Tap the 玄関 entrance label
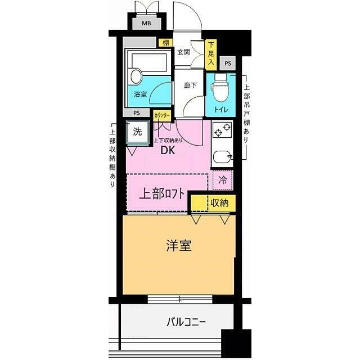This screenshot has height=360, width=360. [183, 52]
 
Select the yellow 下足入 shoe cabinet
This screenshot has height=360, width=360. [211, 54]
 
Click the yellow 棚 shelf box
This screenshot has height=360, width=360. [165, 42]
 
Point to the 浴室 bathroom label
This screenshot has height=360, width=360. [140, 94]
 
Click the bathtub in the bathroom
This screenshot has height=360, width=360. [148, 61]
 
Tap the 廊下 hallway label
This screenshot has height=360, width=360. [190, 85]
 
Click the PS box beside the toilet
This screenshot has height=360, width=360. [227, 63]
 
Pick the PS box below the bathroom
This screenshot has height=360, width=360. [137, 113]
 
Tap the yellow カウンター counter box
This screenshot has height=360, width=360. [162, 114]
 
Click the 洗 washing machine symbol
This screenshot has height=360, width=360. [137, 133]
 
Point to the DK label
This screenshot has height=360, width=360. [169, 151]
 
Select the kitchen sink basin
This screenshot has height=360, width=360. [223, 157]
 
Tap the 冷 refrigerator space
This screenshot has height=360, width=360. [223, 181]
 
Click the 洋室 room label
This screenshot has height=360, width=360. [178, 245]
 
